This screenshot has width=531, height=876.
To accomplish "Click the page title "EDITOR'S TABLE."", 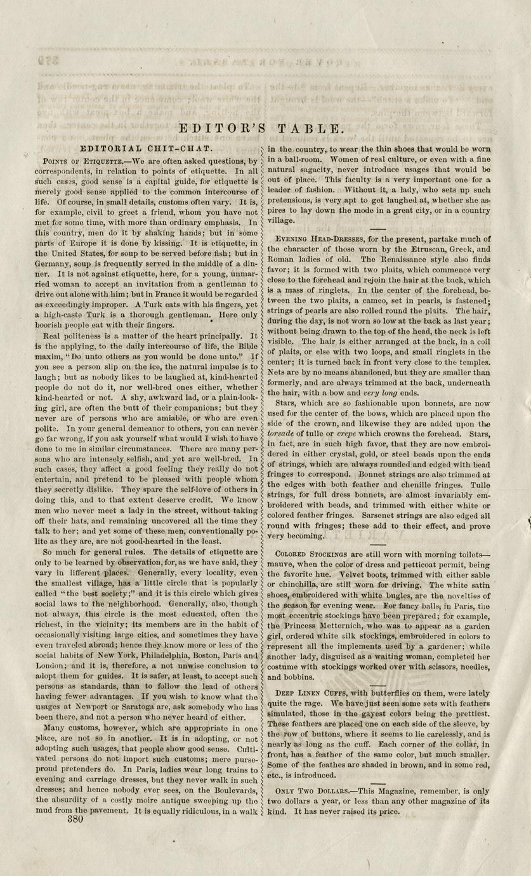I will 261,128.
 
